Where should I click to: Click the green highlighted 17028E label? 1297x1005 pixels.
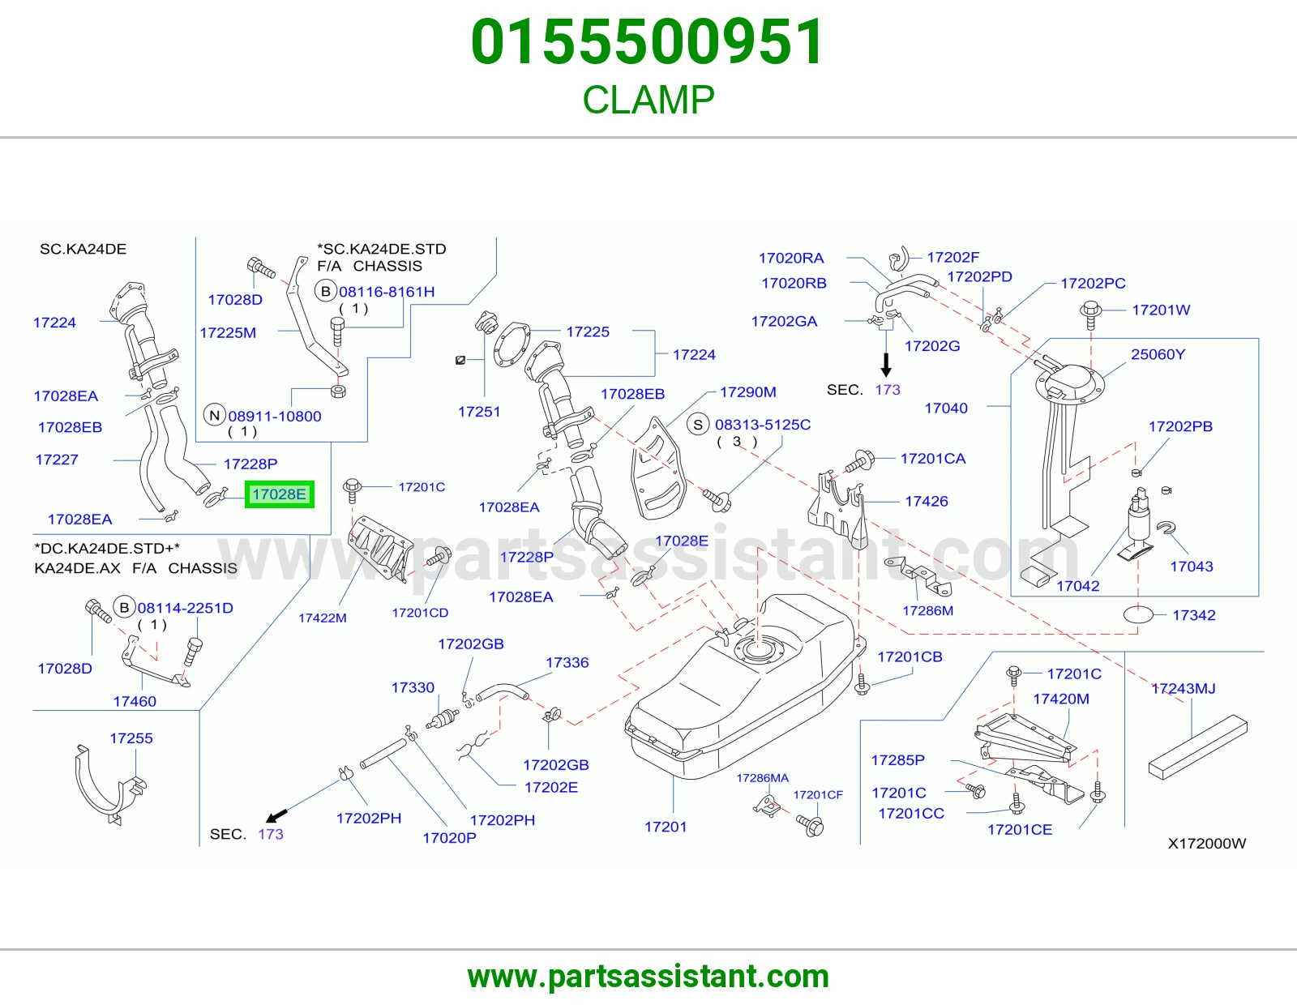[280, 494]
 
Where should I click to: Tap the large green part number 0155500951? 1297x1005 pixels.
[648, 41]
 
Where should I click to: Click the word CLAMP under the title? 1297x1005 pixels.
[648, 100]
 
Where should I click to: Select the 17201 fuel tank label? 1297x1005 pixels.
[666, 827]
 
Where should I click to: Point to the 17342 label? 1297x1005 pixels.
[1194, 614]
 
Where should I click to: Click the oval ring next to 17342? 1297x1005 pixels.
[1138, 614]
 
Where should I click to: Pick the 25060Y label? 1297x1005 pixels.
[1158, 354]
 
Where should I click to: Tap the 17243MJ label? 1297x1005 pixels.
[1183, 688]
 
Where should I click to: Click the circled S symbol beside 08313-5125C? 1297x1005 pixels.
[698, 425]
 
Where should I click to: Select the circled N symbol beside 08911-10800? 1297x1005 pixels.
[215, 415]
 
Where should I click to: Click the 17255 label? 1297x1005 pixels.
[131, 738]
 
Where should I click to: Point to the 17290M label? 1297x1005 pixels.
[748, 391]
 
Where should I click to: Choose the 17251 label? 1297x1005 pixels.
[479, 411]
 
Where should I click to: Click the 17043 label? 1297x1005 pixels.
[1192, 566]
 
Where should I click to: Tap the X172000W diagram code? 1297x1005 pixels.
[1207, 843]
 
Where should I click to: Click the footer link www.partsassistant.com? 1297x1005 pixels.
[648, 977]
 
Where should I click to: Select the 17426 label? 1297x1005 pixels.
[927, 501]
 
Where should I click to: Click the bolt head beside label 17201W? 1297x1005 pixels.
[1091, 310]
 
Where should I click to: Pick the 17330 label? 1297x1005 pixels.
[413, 687]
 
